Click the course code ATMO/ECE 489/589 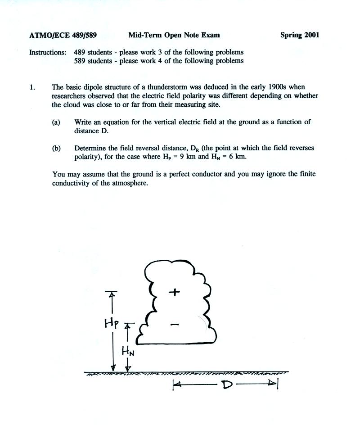(63, 35)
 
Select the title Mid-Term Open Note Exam (174, 35)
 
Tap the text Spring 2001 (300, 35)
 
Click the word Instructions (47, 52)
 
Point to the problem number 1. (32, 87)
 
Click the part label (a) (56, 122)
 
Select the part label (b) (56, 148)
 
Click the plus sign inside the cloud (174, 292)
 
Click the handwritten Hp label (111, 323)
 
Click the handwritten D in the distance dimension (227, 385)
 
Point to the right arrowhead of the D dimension (273, 384)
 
